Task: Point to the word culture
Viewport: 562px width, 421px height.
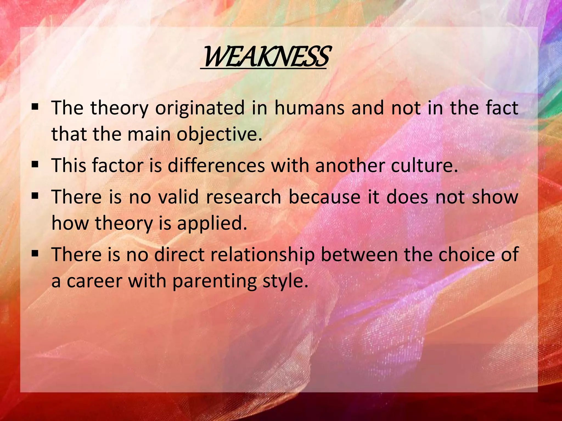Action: click(424, 166)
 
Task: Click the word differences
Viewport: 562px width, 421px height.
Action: click(216, 166)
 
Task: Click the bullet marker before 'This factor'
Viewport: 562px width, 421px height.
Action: click(35, 165)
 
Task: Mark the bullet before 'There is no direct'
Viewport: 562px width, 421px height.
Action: click(35, 253)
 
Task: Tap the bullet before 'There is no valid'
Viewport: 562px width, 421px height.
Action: click(35, 196)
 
